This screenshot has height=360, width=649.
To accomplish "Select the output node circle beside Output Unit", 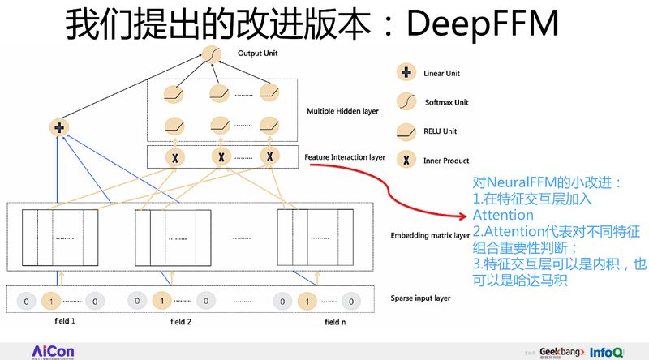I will pyautogui.click(x=212, y=55).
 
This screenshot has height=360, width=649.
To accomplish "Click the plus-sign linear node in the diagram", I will pyautogui.click(x=58, y=127).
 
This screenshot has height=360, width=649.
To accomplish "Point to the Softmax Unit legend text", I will pyautogui.click(x=446, y=102).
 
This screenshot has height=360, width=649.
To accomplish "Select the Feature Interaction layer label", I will pyautogui.click(x=345, y=157).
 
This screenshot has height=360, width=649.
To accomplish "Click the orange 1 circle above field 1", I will pyautogui.click(x=51, y=302).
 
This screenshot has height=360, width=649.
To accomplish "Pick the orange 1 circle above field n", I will pyautogui.click(x=307, y=302).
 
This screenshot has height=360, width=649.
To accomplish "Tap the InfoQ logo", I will pyautogui.click(x=607, y=351).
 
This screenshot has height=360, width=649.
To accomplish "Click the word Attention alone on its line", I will pyautogui.click(x=502, y=216).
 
